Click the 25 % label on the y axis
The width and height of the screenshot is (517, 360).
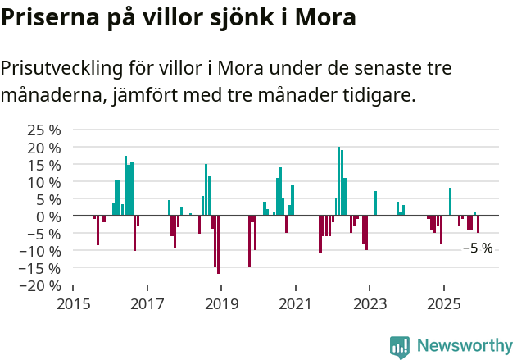(x=44, y=130)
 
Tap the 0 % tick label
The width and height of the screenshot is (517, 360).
(x=48, y=216)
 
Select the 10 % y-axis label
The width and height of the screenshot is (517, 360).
(x=44, y=182)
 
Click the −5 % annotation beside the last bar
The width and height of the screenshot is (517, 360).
(x=478, y=248)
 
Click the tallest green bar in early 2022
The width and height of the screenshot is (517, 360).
(x=338, y=180)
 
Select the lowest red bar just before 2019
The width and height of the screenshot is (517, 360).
(x=218, y=244)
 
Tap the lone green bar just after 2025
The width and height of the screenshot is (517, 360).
(x=450, y=202)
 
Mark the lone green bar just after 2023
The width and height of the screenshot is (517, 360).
(x=375, y=203)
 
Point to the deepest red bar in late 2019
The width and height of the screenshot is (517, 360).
(x=249, y=241)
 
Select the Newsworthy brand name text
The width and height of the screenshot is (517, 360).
(x=465, y=346)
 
